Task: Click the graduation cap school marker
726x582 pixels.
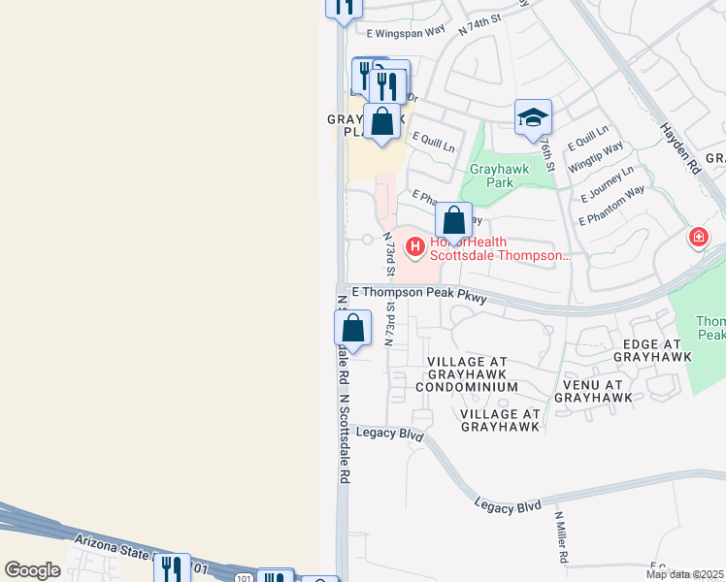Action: click(533, 117)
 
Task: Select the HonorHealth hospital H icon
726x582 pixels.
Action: click(414, 248)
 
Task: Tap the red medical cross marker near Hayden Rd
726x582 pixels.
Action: click(698, 238)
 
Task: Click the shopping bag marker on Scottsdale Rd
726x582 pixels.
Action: click(354, 328)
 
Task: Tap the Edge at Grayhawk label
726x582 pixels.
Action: click(652, 350)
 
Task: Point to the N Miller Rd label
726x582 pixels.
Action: click(561, 539)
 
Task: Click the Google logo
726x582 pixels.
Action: click(32, 570)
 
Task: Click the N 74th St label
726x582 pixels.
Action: click(479, 24)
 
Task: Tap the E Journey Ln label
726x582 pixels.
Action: click(607, 182)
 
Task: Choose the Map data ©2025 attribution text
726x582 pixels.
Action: click(685, 574)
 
